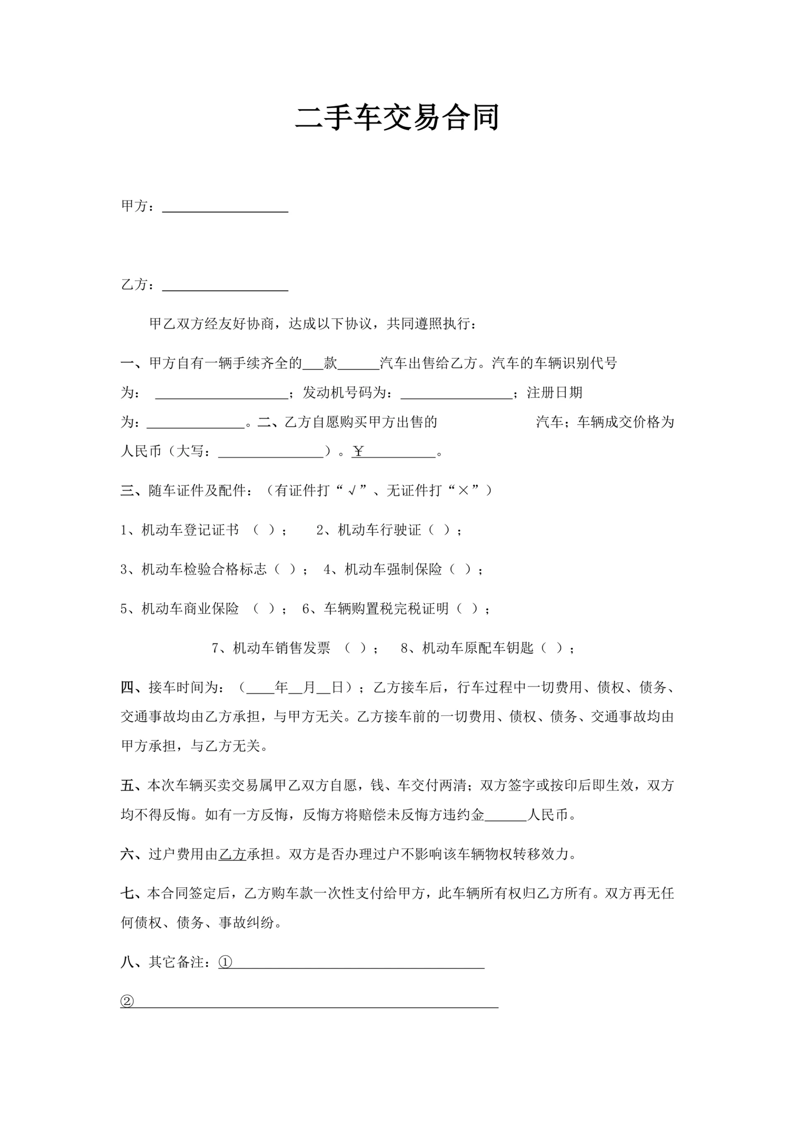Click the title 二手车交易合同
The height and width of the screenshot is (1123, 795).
(x=397, y=118)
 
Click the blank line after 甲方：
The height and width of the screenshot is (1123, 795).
(x=225, y=207)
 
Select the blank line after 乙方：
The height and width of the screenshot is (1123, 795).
(x=225, y=286)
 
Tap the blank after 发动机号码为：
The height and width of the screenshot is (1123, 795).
(x=456, y=393)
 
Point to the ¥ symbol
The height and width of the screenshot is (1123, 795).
(x=358, y=452)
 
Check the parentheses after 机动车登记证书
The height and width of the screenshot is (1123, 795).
(x=264, y=530)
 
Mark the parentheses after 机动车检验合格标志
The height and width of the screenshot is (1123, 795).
(x=285, y=570)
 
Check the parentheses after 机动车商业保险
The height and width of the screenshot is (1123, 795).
(x=264, y=609)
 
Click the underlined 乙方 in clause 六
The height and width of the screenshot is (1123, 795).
(x=232, y=855)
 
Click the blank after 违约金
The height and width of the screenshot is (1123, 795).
(x=505, y=815)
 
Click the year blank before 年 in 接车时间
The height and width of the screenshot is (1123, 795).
(x=260, y=688)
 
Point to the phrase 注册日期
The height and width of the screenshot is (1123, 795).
(x=554, y=393)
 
